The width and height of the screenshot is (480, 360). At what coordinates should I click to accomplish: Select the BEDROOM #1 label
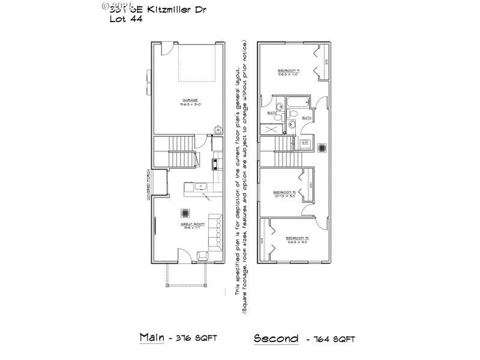click(x=289, y=71)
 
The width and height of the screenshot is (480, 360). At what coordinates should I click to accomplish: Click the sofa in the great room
click(x=214, y=232)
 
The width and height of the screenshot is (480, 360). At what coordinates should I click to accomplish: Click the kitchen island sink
click(x=202, y=187)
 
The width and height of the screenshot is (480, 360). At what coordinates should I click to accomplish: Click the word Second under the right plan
click(x=277, y=338)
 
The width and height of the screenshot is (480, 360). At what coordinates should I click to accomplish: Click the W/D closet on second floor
click(x=305, y=143)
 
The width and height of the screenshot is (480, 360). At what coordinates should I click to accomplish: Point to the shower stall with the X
click(x=272, y=128)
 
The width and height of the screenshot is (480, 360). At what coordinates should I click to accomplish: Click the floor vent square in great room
click(x=185, y=212)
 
